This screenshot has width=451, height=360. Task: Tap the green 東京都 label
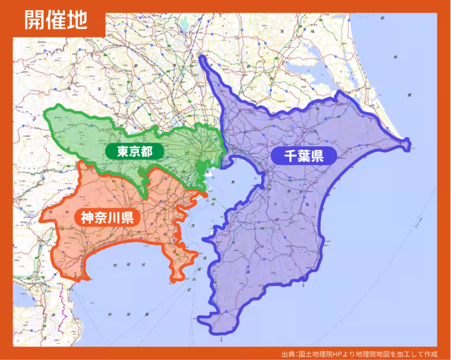coord(134,152)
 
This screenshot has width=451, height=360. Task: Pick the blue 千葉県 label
coord(304,155)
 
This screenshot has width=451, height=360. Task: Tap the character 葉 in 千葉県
coord(304,155)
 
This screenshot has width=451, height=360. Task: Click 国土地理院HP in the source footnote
coord(317,354)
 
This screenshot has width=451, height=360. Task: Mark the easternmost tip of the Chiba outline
coord(409,144)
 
